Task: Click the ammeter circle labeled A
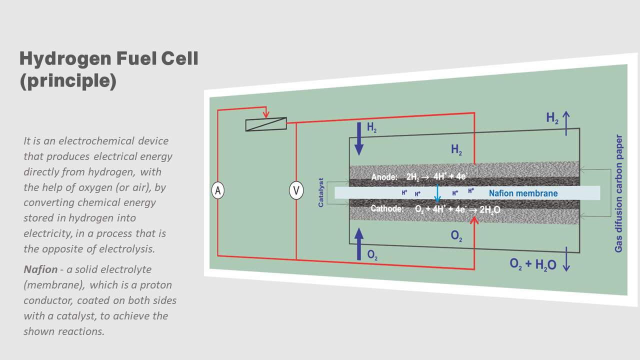pos(217,190)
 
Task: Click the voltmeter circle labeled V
pos(296,190)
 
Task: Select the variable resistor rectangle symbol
pos(266,124)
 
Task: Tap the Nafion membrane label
pos(523,193)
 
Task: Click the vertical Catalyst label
pos(321,192)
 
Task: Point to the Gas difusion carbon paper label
pos(619,193)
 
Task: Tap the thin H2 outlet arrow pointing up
pos(566,123)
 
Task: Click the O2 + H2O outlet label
pos(533,264)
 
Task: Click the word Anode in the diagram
pos(384,177)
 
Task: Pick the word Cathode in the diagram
pos(387,208)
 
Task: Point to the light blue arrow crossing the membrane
pos(437,193)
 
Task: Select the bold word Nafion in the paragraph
pos(40,269)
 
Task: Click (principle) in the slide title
pos(68,81)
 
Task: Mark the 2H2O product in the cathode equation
pos(489,210)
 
